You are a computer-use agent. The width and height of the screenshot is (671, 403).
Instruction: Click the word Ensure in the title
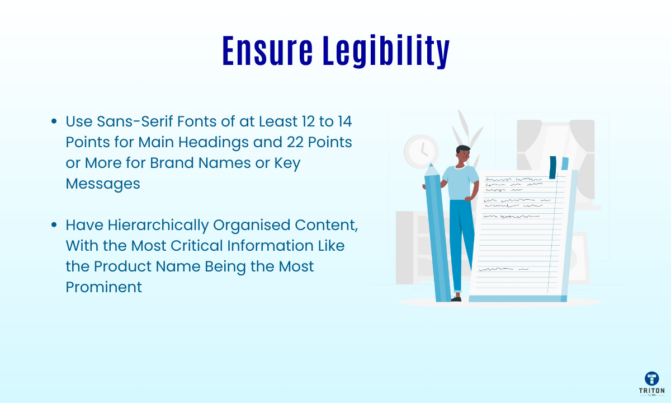pos(267,51)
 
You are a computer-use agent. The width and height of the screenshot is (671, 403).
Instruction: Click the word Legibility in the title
pos(386,51)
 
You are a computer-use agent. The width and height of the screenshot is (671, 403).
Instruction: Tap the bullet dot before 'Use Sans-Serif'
pos(54,121)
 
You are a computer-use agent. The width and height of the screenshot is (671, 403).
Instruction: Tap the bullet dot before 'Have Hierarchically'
pos(54,225)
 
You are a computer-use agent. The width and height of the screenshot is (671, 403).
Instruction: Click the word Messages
pos(103,184)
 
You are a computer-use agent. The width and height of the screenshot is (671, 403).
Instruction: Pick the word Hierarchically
pos(158,226)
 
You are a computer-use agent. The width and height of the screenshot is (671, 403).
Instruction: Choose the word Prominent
pos(103,287)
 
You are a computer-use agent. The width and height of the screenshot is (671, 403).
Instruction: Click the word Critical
pos(196,246)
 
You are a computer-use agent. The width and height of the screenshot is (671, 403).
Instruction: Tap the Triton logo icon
pos(652,378)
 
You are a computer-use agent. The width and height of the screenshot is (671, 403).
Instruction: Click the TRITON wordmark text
pos(651,391)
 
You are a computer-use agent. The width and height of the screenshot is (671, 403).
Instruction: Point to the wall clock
pos(421,152)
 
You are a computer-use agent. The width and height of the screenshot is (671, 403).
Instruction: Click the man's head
pos(463,154)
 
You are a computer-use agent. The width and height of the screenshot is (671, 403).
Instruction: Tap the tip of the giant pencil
pos(431,164)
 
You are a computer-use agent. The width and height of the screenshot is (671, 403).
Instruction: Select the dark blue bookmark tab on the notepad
pos(552,167)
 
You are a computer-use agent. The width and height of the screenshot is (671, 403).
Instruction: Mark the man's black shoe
pos(456,299)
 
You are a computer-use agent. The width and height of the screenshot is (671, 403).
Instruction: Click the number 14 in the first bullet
pos(345,121)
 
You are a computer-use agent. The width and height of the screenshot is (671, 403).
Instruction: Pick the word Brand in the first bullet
pos(172,163)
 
